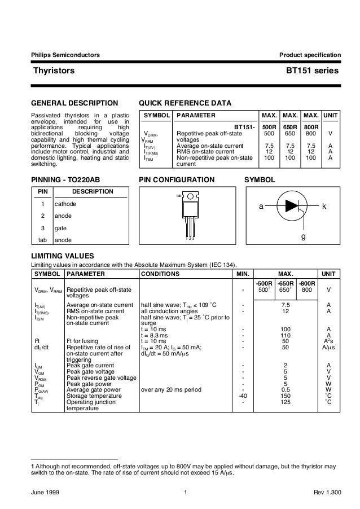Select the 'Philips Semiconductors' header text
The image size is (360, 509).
[65, 55]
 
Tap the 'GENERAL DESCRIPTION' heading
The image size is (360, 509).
[74, 103]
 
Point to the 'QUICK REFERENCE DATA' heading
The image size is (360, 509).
[186, 103]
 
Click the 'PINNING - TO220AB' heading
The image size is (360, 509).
[68, 180]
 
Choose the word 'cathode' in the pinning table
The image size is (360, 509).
[65, 203]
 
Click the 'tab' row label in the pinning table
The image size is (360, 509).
[42, 240]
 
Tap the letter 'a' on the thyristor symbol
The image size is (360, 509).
[261, 207]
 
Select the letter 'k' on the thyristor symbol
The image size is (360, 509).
[324, 207]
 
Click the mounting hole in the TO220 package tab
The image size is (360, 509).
[190, 196]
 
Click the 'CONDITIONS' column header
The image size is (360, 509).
[160, 274]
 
